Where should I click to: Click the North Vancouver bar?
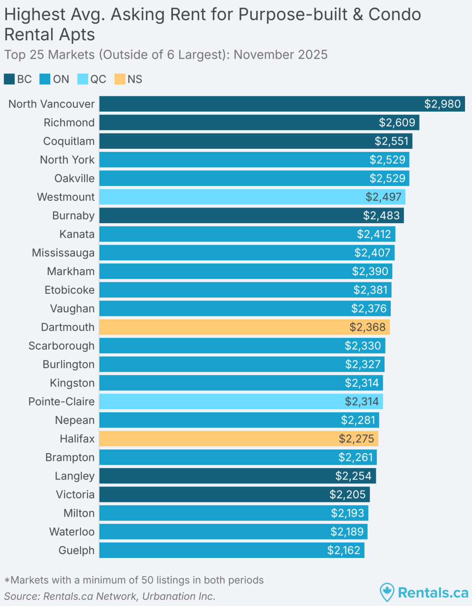(262, 104)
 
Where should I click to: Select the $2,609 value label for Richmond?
(397, 123)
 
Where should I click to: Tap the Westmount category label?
(66, 197)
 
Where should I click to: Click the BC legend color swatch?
(9, 79)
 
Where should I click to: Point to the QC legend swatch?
(83, 79)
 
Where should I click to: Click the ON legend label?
(61, 79)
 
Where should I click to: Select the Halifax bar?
(219, 439)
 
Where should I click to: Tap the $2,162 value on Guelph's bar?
(344, 550)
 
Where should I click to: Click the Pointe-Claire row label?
(61, 402)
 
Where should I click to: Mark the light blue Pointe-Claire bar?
(219, 402)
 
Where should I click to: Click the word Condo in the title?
(395, 15)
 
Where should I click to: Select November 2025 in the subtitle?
(281, 55)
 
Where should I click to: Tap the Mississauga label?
(63, 253)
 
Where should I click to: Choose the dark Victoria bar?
(219, 494)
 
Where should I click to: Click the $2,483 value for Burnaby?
(381, 216)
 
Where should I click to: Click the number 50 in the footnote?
(147, 580)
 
